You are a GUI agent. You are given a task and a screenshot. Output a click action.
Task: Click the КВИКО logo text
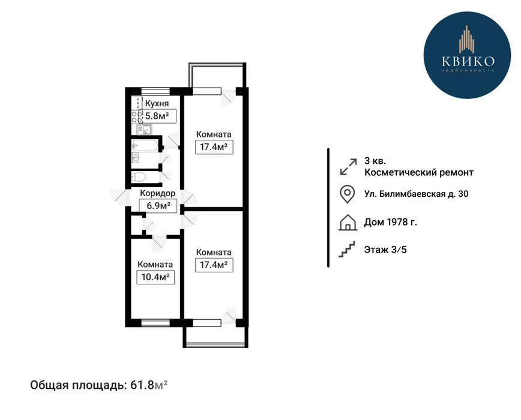click(468, 61)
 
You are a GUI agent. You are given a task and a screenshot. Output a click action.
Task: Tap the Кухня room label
click(157, 104)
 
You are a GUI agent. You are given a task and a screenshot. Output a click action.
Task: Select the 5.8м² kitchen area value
click(157, 116)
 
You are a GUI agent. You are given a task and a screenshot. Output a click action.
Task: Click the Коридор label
click(157, 193)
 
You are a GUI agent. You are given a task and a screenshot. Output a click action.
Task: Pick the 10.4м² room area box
click(155, 277)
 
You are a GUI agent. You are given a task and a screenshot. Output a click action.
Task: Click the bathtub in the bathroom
click(145, 145)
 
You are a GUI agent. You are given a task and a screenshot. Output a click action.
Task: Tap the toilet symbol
click(139, 176)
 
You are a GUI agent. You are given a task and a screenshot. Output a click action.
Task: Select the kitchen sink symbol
click(145, 129)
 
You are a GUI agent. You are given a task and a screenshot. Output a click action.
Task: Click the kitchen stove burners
click(137, 116)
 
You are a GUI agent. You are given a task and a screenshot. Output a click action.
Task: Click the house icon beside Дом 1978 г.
click(348, 223)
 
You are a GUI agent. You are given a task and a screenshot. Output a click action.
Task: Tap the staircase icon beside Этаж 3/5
click(347, 249)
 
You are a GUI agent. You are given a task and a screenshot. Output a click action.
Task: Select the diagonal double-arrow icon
click(349, 166)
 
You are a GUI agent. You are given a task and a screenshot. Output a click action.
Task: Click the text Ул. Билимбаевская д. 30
click(417, 194)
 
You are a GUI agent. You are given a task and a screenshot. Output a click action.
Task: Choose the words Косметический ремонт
click(419, 172)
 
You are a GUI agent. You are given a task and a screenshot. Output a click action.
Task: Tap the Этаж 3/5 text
click(385, 250)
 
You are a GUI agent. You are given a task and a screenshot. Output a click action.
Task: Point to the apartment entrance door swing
click(119, 197)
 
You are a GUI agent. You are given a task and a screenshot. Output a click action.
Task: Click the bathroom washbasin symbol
click(136, 158)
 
